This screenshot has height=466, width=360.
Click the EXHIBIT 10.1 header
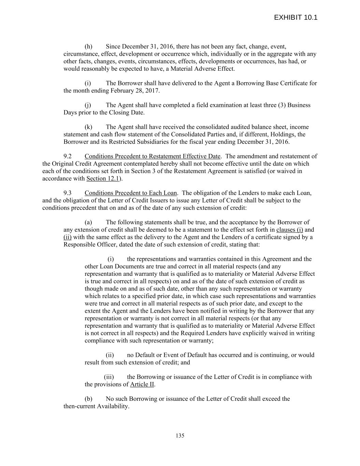click(x=296, y=17)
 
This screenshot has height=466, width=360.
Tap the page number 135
click(x=180, y=436)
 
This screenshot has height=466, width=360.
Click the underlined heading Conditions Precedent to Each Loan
click(x=131, y=193)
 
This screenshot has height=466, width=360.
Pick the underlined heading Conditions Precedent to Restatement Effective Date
click(x=152, y=156)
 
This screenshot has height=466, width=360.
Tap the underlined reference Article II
click(x=142, y=384)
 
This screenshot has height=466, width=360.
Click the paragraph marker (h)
click(x=88, y=46)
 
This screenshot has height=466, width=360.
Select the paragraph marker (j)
click(x=88, y=105)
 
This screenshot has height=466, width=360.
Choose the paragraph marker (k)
click(x=88, y=127)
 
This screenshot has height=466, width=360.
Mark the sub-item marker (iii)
click(x=109, y=377)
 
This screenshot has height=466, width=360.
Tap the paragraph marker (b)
click(x=88, y=399)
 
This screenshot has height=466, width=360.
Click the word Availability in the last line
click(x=113, y=406)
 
